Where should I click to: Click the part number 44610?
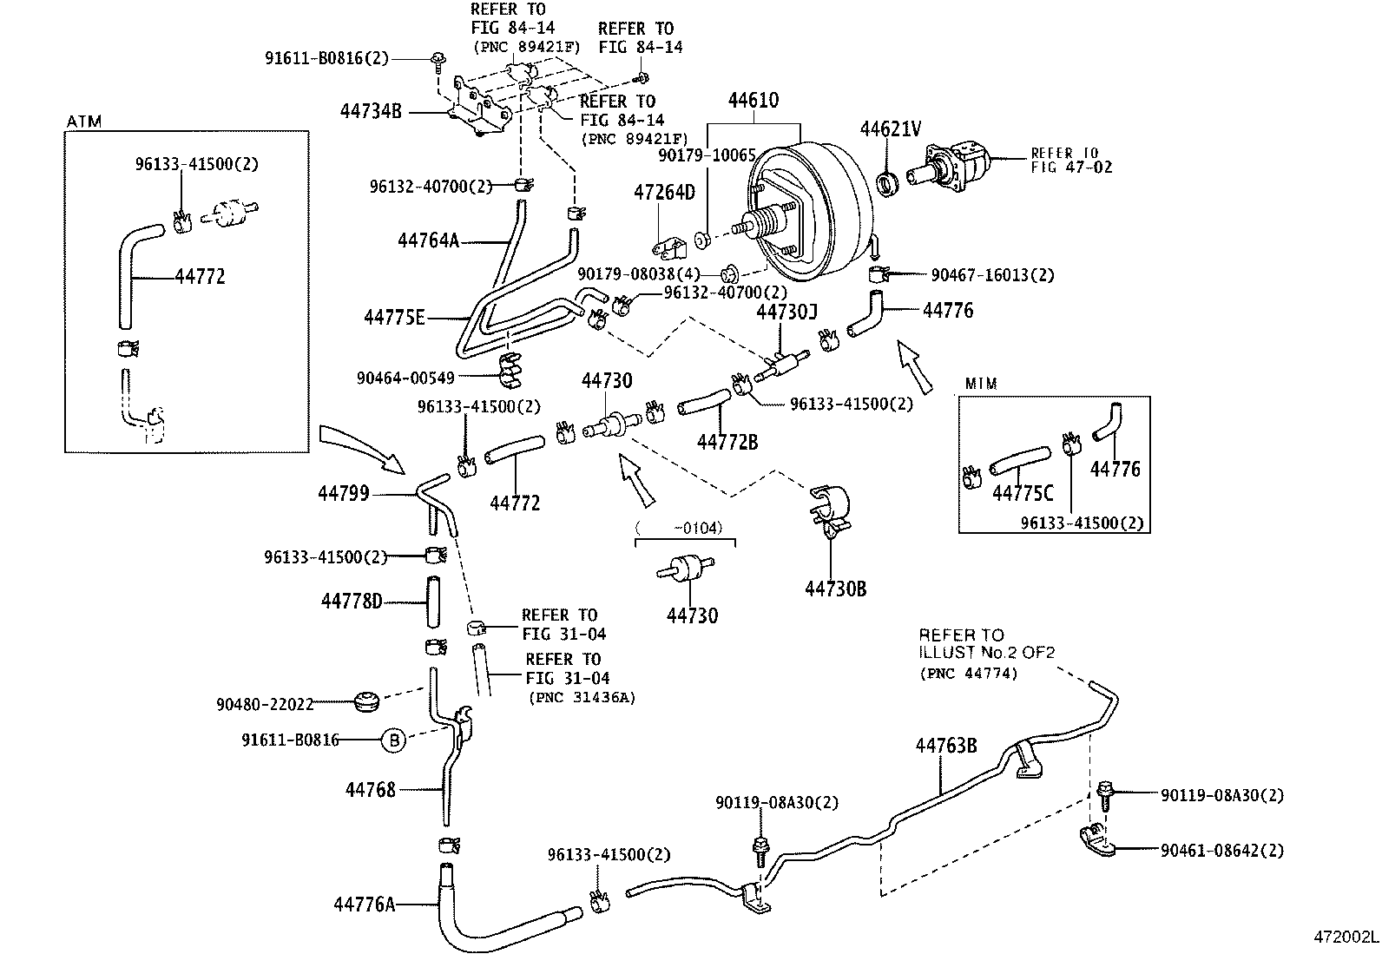click(753, 100)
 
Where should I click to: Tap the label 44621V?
click(890, 129)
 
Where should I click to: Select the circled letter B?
click(393, 740)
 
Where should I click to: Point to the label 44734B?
click(371, 111)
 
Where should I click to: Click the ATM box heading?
click(84, 122)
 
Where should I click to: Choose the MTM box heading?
click(981, 384)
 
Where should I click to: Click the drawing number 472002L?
click(1345, 938)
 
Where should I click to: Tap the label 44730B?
click(835, 589)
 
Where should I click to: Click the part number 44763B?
click(946, 746)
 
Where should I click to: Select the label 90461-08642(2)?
click(1221, 851)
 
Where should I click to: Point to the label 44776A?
click(364, 905)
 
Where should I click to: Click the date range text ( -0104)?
click(679, 528)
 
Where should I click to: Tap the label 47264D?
click(664, 193)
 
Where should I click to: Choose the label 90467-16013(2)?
click(992, 275)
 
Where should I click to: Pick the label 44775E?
click(394, 318)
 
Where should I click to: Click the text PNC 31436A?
click(582, 697)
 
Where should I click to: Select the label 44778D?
click(352, 601)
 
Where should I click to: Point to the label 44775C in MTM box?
click(1022, 494)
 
